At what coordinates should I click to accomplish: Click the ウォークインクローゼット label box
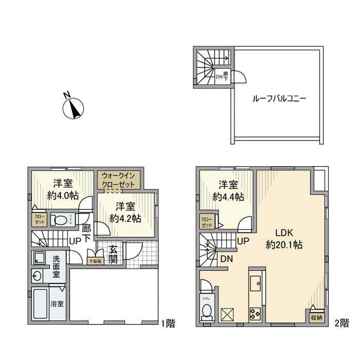point(118,179)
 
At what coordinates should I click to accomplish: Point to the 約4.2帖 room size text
point(125,218)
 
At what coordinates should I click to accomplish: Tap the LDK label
point(284,232)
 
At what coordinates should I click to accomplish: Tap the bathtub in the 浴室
point(42,304)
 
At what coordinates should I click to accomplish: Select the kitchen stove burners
point(256,312)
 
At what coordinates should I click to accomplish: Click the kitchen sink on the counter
point(256,283)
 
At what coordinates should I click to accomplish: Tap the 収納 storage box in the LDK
point(315,318)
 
